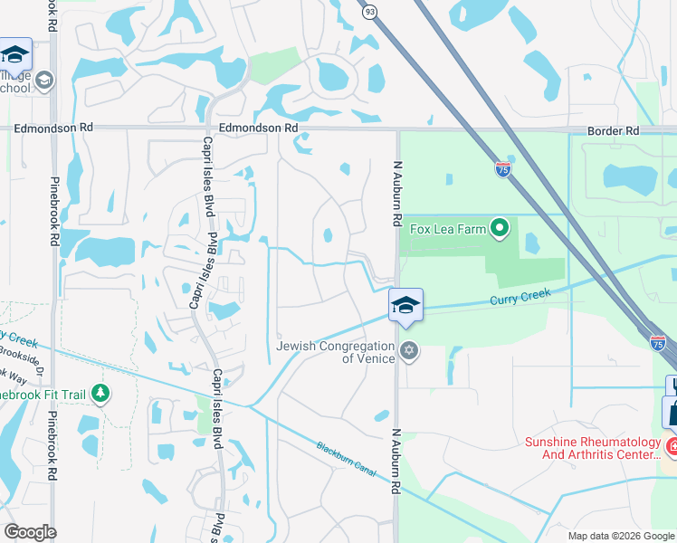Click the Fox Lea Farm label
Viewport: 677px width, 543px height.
pos(447,229)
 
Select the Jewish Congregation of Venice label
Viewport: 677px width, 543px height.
pos(336,352)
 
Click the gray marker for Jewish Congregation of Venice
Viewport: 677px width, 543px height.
pos(409,350)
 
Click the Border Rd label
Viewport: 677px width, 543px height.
pos(613,131)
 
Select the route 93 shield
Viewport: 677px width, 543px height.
pos(369,12)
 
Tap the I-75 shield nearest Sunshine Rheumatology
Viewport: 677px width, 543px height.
pos(658,342)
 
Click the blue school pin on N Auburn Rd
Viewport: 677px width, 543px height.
pos(405,305)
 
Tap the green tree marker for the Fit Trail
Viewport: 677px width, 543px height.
pos(100,394)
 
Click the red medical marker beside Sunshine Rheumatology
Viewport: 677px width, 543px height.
pos(672,446)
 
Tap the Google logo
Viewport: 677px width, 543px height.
pos(30,532)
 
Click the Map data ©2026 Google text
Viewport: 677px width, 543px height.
pos(620,536)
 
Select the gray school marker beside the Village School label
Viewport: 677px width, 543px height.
pos(43,81)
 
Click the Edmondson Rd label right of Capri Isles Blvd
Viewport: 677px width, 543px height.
pos(258,129)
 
